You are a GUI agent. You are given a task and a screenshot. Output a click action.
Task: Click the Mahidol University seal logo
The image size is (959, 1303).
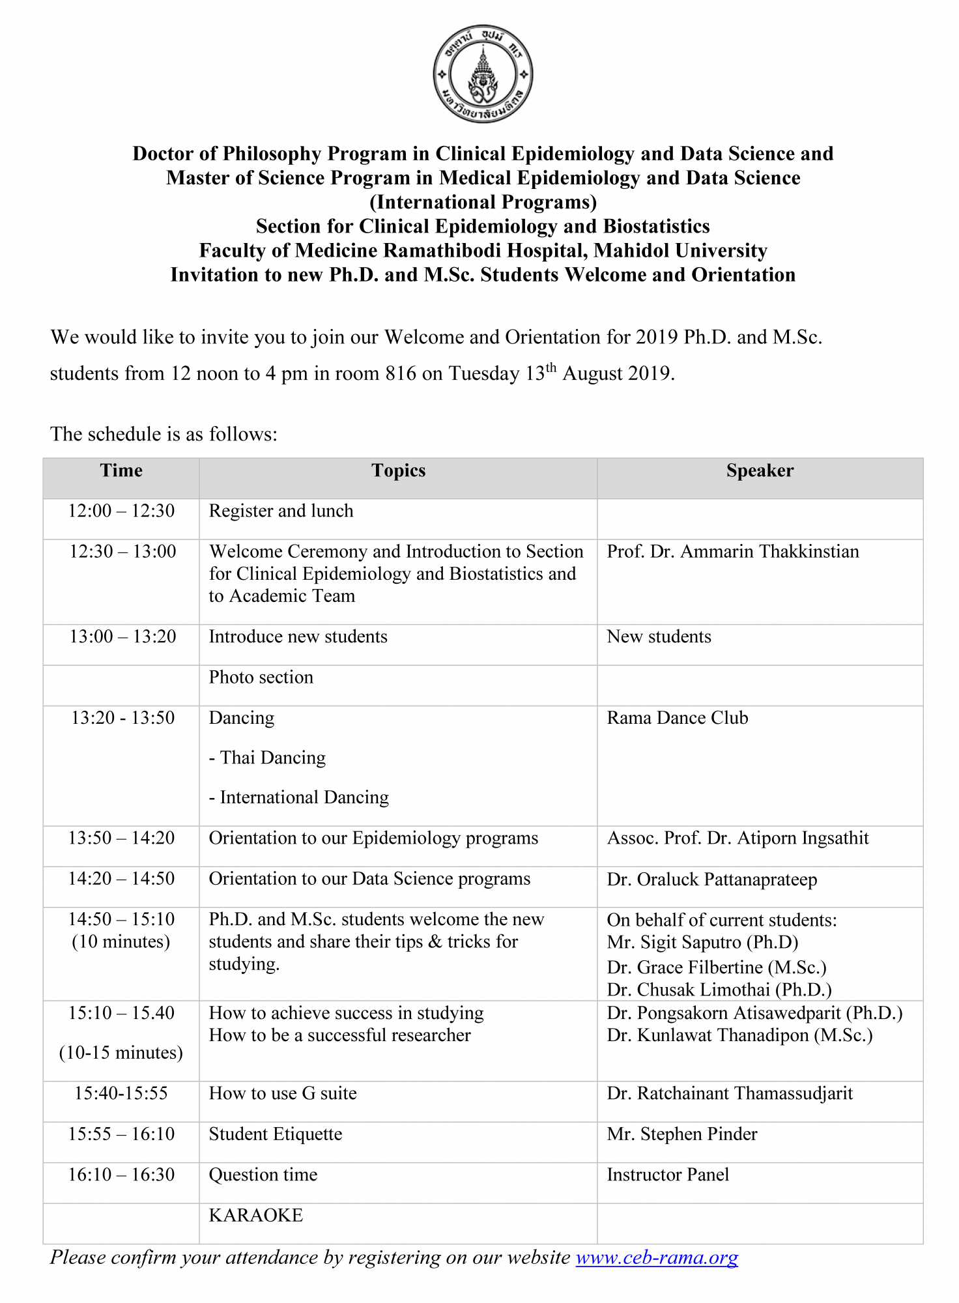point(483,74)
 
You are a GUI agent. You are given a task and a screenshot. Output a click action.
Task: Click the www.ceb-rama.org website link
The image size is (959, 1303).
point(657,1257)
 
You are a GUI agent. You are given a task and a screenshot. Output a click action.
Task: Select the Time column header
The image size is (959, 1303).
point(121,471)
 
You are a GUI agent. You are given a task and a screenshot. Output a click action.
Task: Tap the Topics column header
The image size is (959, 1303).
point(398,471)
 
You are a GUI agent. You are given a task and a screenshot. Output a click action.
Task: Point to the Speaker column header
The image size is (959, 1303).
point(760,471)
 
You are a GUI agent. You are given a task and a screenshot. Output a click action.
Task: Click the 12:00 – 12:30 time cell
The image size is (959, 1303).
point(121,511)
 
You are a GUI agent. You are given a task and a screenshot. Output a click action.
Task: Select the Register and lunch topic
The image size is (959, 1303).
point(281,511)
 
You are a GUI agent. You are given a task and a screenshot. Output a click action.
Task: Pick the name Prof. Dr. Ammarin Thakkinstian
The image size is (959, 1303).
point(732,552)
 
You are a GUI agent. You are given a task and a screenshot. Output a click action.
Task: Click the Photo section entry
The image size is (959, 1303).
point(261,678)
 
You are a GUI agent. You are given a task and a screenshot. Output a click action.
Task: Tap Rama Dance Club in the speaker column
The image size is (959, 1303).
point(677,718)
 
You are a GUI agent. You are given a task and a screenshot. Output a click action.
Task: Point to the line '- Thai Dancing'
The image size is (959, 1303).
point(267,758)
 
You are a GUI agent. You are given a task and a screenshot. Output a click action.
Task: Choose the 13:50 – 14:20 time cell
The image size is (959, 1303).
point(121,838)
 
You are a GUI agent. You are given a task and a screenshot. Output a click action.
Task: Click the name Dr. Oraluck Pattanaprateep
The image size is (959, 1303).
point(711,880)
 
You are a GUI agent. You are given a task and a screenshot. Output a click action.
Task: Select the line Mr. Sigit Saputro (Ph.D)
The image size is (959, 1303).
point(702,943)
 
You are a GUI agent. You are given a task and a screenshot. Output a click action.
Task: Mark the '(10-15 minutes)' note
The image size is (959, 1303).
point(121,1053)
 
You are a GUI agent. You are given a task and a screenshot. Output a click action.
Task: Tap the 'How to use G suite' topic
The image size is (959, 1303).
point(283,1093)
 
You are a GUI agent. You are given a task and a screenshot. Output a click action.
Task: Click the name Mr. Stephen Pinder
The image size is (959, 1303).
point(681,1134)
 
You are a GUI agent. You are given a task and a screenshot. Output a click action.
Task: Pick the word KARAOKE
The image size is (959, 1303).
point(256,1216)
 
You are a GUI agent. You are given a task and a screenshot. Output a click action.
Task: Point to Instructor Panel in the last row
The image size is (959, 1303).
point(668,1175)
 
